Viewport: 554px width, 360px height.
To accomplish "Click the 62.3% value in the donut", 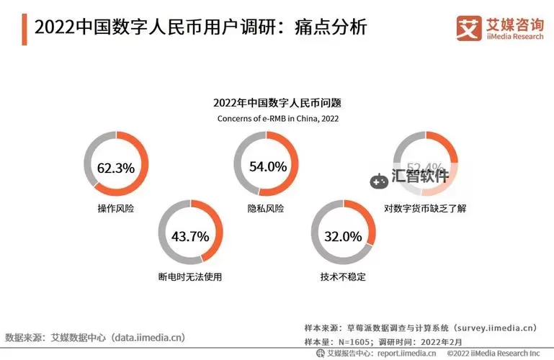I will pyautogui.click(x=116, y=168).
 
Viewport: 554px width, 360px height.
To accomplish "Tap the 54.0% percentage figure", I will pyautogui.click(x=268, y=166).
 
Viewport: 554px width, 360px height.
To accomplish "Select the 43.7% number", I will pyautogui.click(x=190, y=236).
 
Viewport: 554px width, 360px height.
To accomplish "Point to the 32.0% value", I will pyautogui.click(x=342, y=236).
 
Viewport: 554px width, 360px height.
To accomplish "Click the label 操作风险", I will pyautogui.click(x=116, y=208).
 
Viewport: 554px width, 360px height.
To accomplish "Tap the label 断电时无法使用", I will pyautogui.click(x=190, y=276).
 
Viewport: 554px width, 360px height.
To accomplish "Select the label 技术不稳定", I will pyautogui.click(x=343, y=276).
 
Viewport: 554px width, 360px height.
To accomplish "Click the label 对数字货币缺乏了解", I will pyautogui.click(x=426, y=208).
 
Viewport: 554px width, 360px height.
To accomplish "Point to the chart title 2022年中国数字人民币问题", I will pyautogui.click(x=277, y=103).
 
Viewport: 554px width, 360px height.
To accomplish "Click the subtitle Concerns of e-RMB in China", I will pyautogui.click(x=277, y=118).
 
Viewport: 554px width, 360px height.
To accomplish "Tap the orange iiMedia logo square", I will pyautogui.click(x=469, y=27).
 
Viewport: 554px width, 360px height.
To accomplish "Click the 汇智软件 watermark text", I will pyautogui.click(x=420, y=175).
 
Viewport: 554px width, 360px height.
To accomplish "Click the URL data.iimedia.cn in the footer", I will pyautogui.click(x=148, y=337).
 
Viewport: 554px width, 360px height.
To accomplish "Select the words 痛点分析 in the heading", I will pyautogui.click(x=338, y=28).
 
